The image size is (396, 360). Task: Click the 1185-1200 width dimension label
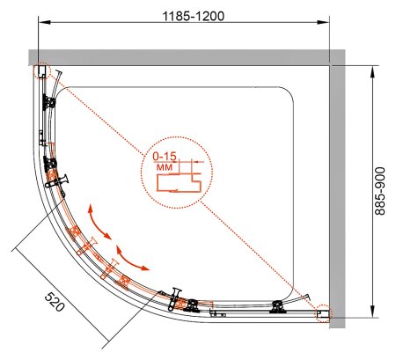tap(194, 16)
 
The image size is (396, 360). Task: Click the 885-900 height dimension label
tap(380, 191)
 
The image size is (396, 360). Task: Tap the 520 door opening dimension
tap(55, 302)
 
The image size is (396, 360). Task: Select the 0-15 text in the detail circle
tap(165, 157)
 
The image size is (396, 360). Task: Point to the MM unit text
tap(165, 167)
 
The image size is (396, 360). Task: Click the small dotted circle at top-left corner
tap(42, 71)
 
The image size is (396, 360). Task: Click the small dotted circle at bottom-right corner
tap(323, 314)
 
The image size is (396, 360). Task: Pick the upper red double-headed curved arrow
tap(99, 223)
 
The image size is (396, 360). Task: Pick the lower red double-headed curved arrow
tap(130, 260)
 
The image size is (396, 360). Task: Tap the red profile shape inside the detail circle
tap(179, 182)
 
